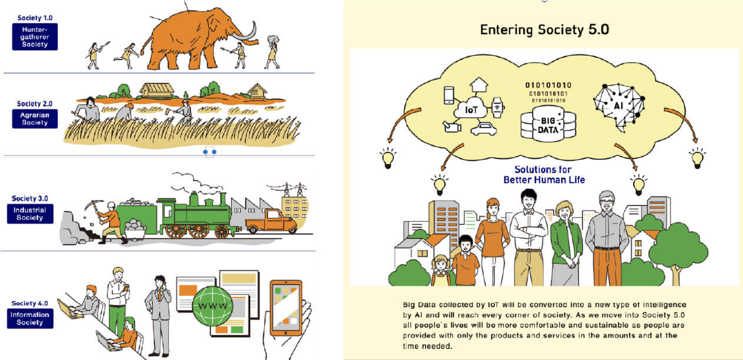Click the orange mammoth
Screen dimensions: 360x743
click(188, 41)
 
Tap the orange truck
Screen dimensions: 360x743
click(271, 221)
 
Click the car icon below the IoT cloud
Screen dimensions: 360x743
click(484, 129)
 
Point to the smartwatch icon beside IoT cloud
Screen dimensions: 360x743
click(498, 108)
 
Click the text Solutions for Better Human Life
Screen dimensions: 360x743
click(544, 175)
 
